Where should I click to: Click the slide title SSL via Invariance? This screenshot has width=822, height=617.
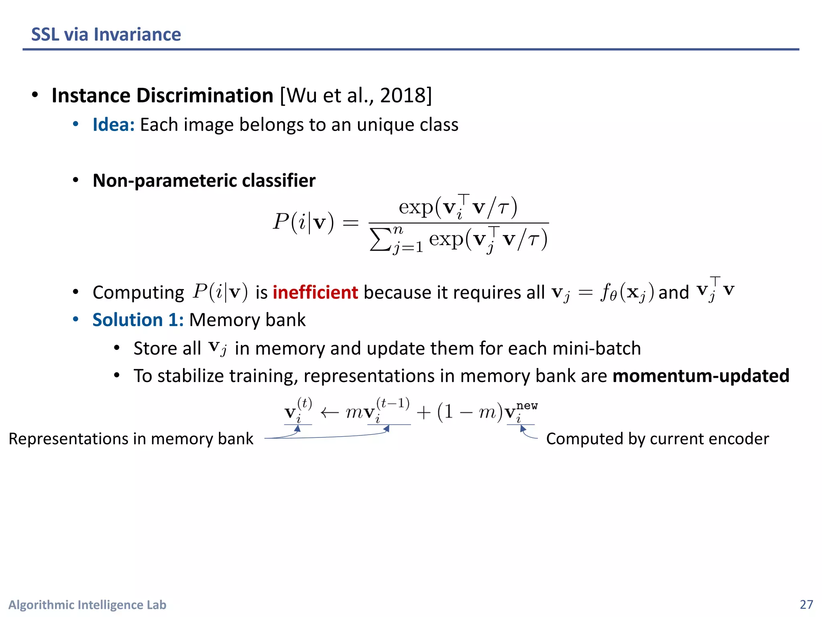[x=106, y=35]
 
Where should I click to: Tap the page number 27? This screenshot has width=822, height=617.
[x=806, y=605]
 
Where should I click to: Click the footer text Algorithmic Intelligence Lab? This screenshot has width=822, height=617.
[x=87, y=605]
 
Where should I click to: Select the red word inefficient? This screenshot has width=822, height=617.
[x=315, y=292]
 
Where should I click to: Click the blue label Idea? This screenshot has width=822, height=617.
[x=114, y=125]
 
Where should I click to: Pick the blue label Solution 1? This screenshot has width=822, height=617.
[x=138, y=320]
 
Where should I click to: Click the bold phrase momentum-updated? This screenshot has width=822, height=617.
[x=701, y=376]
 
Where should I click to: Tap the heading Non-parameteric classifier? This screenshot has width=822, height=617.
[x=204, y=181]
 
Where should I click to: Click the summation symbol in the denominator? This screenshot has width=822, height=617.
[x=380, y=240]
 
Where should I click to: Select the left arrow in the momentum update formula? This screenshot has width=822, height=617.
[x=330, y=413]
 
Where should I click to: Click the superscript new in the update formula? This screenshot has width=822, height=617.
[x=527, y=406]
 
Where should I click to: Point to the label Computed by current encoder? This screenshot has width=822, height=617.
[x=657, y=439]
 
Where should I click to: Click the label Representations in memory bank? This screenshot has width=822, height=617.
[x=131, y=439]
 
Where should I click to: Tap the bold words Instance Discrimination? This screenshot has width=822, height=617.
[x=163, y=96]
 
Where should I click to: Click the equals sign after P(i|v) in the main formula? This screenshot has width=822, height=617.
[x=350, y=222]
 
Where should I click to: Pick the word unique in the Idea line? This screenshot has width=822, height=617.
[x=385, y=125]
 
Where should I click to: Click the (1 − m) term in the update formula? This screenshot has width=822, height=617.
[x=470, y=412]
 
